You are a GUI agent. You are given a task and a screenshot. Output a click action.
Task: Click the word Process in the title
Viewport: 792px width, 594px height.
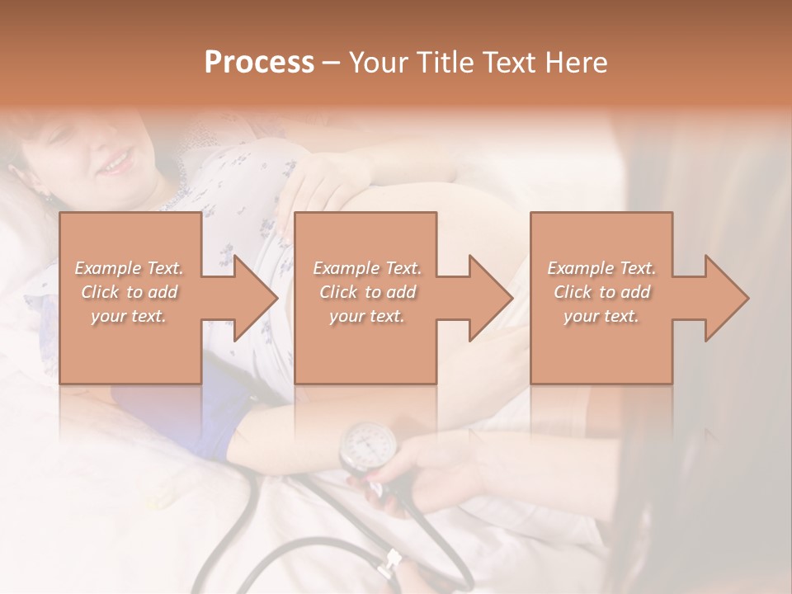click(x=259, y=63)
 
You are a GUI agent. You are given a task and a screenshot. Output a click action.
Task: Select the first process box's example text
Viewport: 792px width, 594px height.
click(x=129, y=292)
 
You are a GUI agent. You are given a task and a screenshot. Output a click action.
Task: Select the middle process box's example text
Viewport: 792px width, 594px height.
click(x=366, y=292)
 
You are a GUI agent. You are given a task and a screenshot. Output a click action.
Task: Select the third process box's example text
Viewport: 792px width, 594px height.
click(x=601, y=292)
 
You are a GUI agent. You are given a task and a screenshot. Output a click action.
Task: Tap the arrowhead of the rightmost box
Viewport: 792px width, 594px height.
click(x=725, y=298)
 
